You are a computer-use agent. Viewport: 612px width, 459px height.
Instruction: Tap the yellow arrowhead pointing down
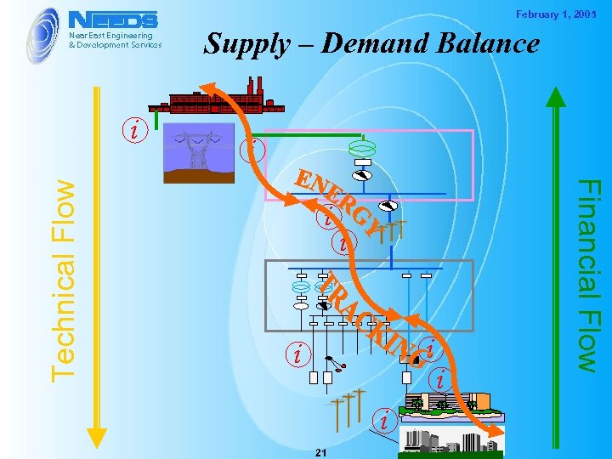(x=98, y=436)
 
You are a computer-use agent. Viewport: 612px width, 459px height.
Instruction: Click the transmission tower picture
(x=199, y=152)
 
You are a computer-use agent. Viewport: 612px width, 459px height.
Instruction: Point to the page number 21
(x=320, y=451)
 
